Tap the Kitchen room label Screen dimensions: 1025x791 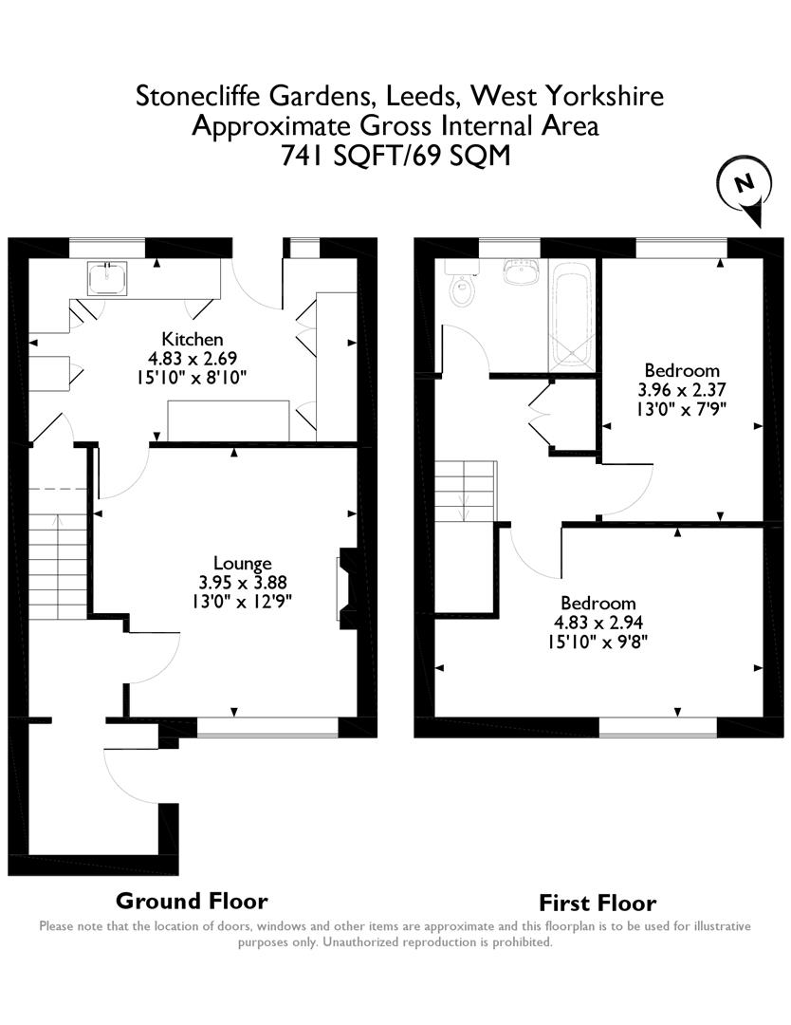point(193,339)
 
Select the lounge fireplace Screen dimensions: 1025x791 point(346,587)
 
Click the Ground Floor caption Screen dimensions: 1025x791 point(192,901)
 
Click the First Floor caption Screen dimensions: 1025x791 point(598,903)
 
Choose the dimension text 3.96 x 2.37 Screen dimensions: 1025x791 point(681,389)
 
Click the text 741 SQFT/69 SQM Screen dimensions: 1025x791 point(395,155)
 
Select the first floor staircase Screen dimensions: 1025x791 point(466,490)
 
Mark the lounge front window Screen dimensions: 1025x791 point(267,727)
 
